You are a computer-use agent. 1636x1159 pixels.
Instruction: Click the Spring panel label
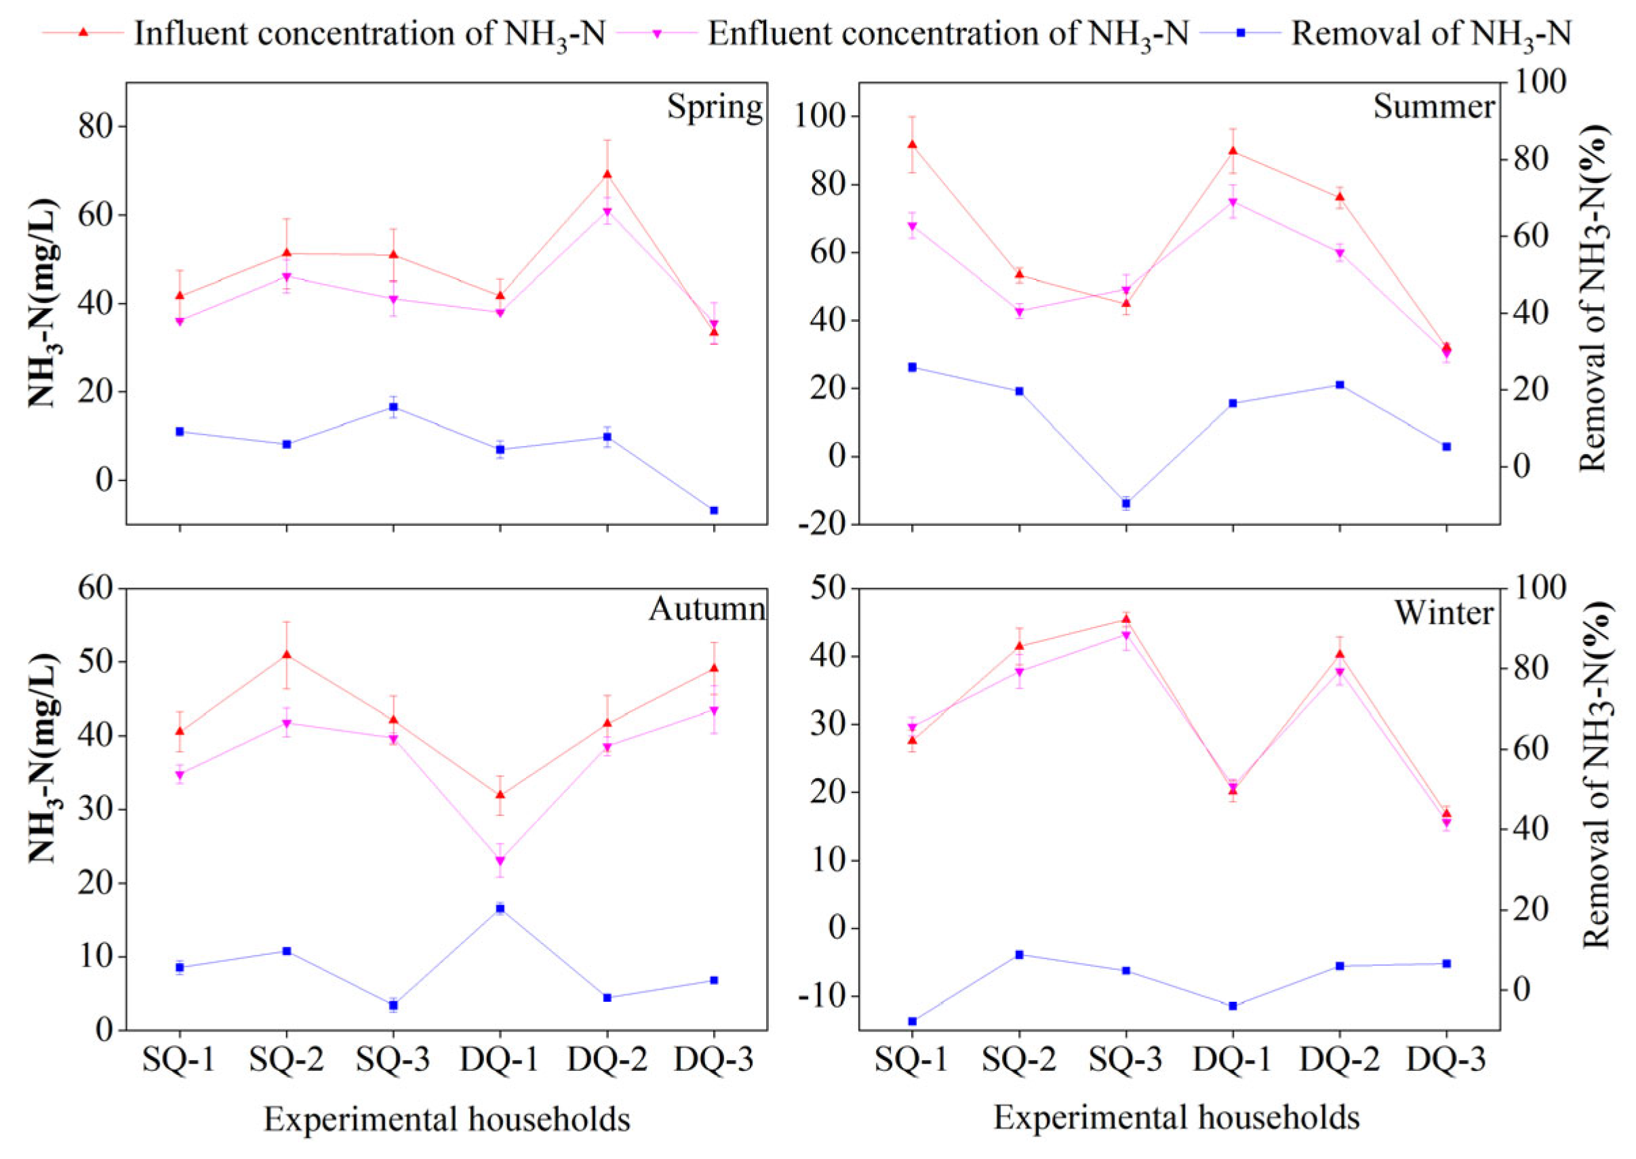point(715,107)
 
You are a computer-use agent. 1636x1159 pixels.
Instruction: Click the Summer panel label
point(1434,107)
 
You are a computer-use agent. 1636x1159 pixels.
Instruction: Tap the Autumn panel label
point(706,609)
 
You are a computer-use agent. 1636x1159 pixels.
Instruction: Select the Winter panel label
point(1444,612)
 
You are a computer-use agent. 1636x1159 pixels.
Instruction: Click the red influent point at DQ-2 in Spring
point(607,174)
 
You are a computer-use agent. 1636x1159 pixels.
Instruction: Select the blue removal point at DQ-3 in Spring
point(714,510)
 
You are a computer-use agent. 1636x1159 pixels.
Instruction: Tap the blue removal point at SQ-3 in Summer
point(1126,503)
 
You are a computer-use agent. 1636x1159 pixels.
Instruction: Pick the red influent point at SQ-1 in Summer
point(912,144)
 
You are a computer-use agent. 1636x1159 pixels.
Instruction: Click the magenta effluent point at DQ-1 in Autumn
point(500,861)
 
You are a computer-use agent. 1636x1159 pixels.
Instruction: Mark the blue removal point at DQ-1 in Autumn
point(500,908)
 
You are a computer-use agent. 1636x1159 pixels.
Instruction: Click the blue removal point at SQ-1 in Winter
point(912,1021)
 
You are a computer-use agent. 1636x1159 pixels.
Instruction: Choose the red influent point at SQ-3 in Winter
point(1126,619)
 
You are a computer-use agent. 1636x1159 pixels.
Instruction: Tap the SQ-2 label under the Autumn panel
point(286,1061)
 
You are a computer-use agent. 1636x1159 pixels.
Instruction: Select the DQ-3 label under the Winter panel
point(1447,1061)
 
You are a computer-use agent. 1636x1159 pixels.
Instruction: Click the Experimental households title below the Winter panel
point(1176,1118)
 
